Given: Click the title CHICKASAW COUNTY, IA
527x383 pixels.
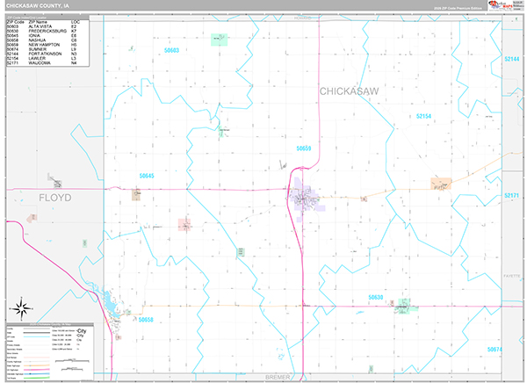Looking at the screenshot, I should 38,5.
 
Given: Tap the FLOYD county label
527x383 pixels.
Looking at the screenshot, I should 54,199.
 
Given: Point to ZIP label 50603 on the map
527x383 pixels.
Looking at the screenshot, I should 171,50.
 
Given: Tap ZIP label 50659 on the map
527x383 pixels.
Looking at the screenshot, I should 303,148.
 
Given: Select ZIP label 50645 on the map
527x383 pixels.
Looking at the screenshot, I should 146,176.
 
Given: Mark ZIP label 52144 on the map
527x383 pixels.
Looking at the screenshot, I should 512,58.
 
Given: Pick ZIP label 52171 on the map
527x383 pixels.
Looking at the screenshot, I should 512,195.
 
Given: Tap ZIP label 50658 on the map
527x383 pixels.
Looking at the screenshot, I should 146,320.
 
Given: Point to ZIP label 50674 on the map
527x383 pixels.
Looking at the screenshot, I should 495,350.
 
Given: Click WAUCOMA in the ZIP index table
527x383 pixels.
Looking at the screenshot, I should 40,63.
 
